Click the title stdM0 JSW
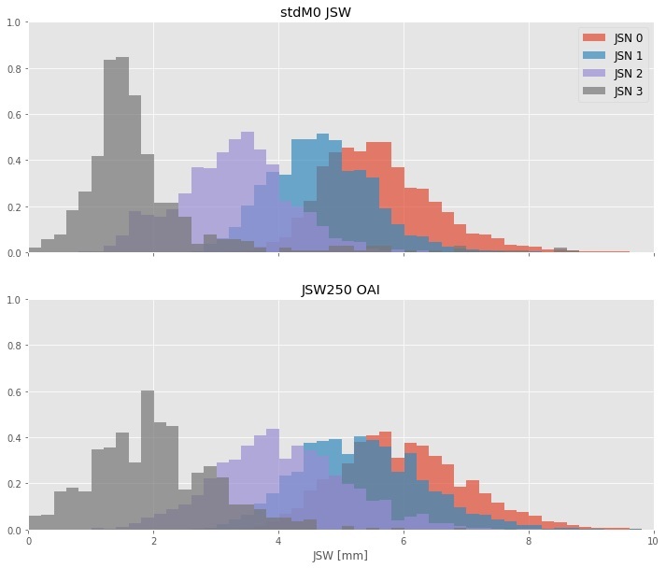coord(340,11)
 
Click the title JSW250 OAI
coord(340,290)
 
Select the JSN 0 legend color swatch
coord(594,38)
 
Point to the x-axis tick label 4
coord(278,541)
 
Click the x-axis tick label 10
coord(652,541)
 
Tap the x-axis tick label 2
coord(153,541)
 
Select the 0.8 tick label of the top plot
coord(14,69)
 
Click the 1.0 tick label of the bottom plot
coord(14,300)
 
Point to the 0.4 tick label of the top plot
coord(14,161)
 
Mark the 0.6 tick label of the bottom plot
coord(14,392)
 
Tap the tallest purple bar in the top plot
coord(248,192)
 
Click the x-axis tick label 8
coord(528,541)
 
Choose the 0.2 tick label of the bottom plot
coord(14,485)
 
